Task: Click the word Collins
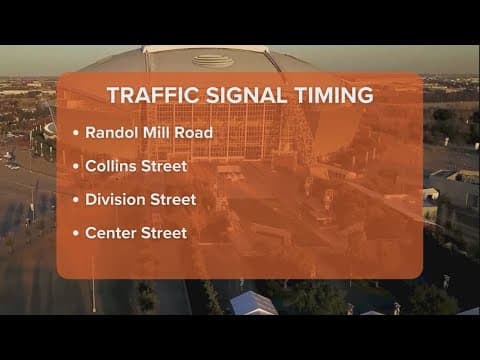pos(113,165)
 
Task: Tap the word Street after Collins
pos(171,165)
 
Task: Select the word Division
pos(116,199)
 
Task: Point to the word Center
pos(111,233)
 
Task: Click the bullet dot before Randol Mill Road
pos(77,132)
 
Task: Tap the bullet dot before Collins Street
pos(77,166)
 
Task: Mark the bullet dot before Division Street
pos(77,200)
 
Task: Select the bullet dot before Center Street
pos(77,234)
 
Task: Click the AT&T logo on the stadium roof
pos(206,61)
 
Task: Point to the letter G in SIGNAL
pos(232,96)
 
